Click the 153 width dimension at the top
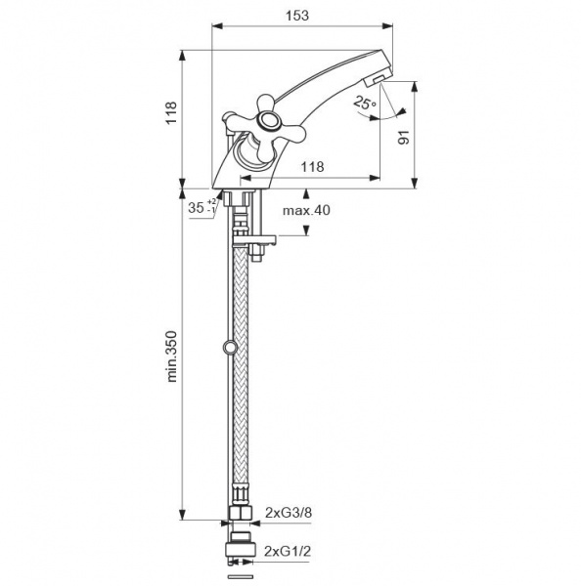click(297, 16)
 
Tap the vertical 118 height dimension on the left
click(171, 112)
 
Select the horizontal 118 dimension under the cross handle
click(313, 166)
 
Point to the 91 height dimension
click(403, 137)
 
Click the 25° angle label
click(364, 102)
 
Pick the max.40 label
click(306, 210)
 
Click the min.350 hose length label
click(171, 356)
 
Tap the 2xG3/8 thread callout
click(289, 512)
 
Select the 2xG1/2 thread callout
click(288, 551)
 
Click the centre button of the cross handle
click(267, 121)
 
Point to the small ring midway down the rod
click(229, 347)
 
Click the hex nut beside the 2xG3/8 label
click(240, 513)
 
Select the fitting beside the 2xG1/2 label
click(240, 548)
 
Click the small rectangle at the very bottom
click(240, 576)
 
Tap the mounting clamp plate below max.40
click(254, 239)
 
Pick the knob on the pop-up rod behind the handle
click(228, 117)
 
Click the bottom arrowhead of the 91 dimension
click(414, 183)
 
